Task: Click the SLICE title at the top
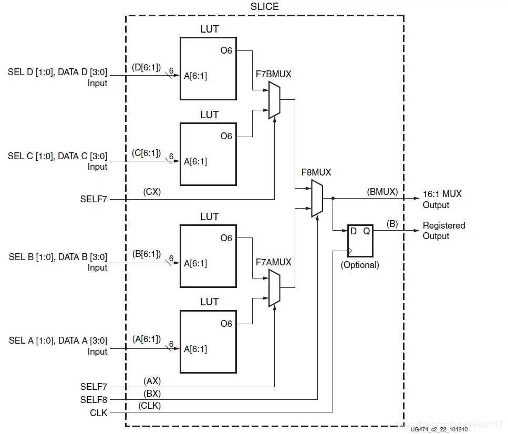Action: pyautogui.click(x=265, y=6)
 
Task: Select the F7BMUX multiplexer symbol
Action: pyautogui.click(x=274, y=102)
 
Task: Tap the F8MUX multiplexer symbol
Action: pyautogui.click(x=317, y=198)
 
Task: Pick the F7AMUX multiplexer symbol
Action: pyautogui.click(x=274, y=287)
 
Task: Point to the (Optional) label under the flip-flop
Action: pyautogui.click(x=360, y=265)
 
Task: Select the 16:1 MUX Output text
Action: pyautogui.click(x=442, y=199)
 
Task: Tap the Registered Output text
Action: pyautogui.click(x=444, y=231)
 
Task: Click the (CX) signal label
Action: pyautogui.click(x=152, y=192)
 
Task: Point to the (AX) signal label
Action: pyautogui.click(x=152, y=380)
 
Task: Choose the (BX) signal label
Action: pyautogui.click(x=152, y=392)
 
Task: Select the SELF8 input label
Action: pyautogui.click(x=94, y=400)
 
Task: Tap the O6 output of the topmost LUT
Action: pyautogui.click(x=226, y=51)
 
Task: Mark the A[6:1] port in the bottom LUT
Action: pyautogui.click(x=195, y=349)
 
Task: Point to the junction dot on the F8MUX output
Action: pyautogui.click(x=333, y=199)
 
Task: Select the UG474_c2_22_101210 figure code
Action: pyautogui.click(x=439, y=430)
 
